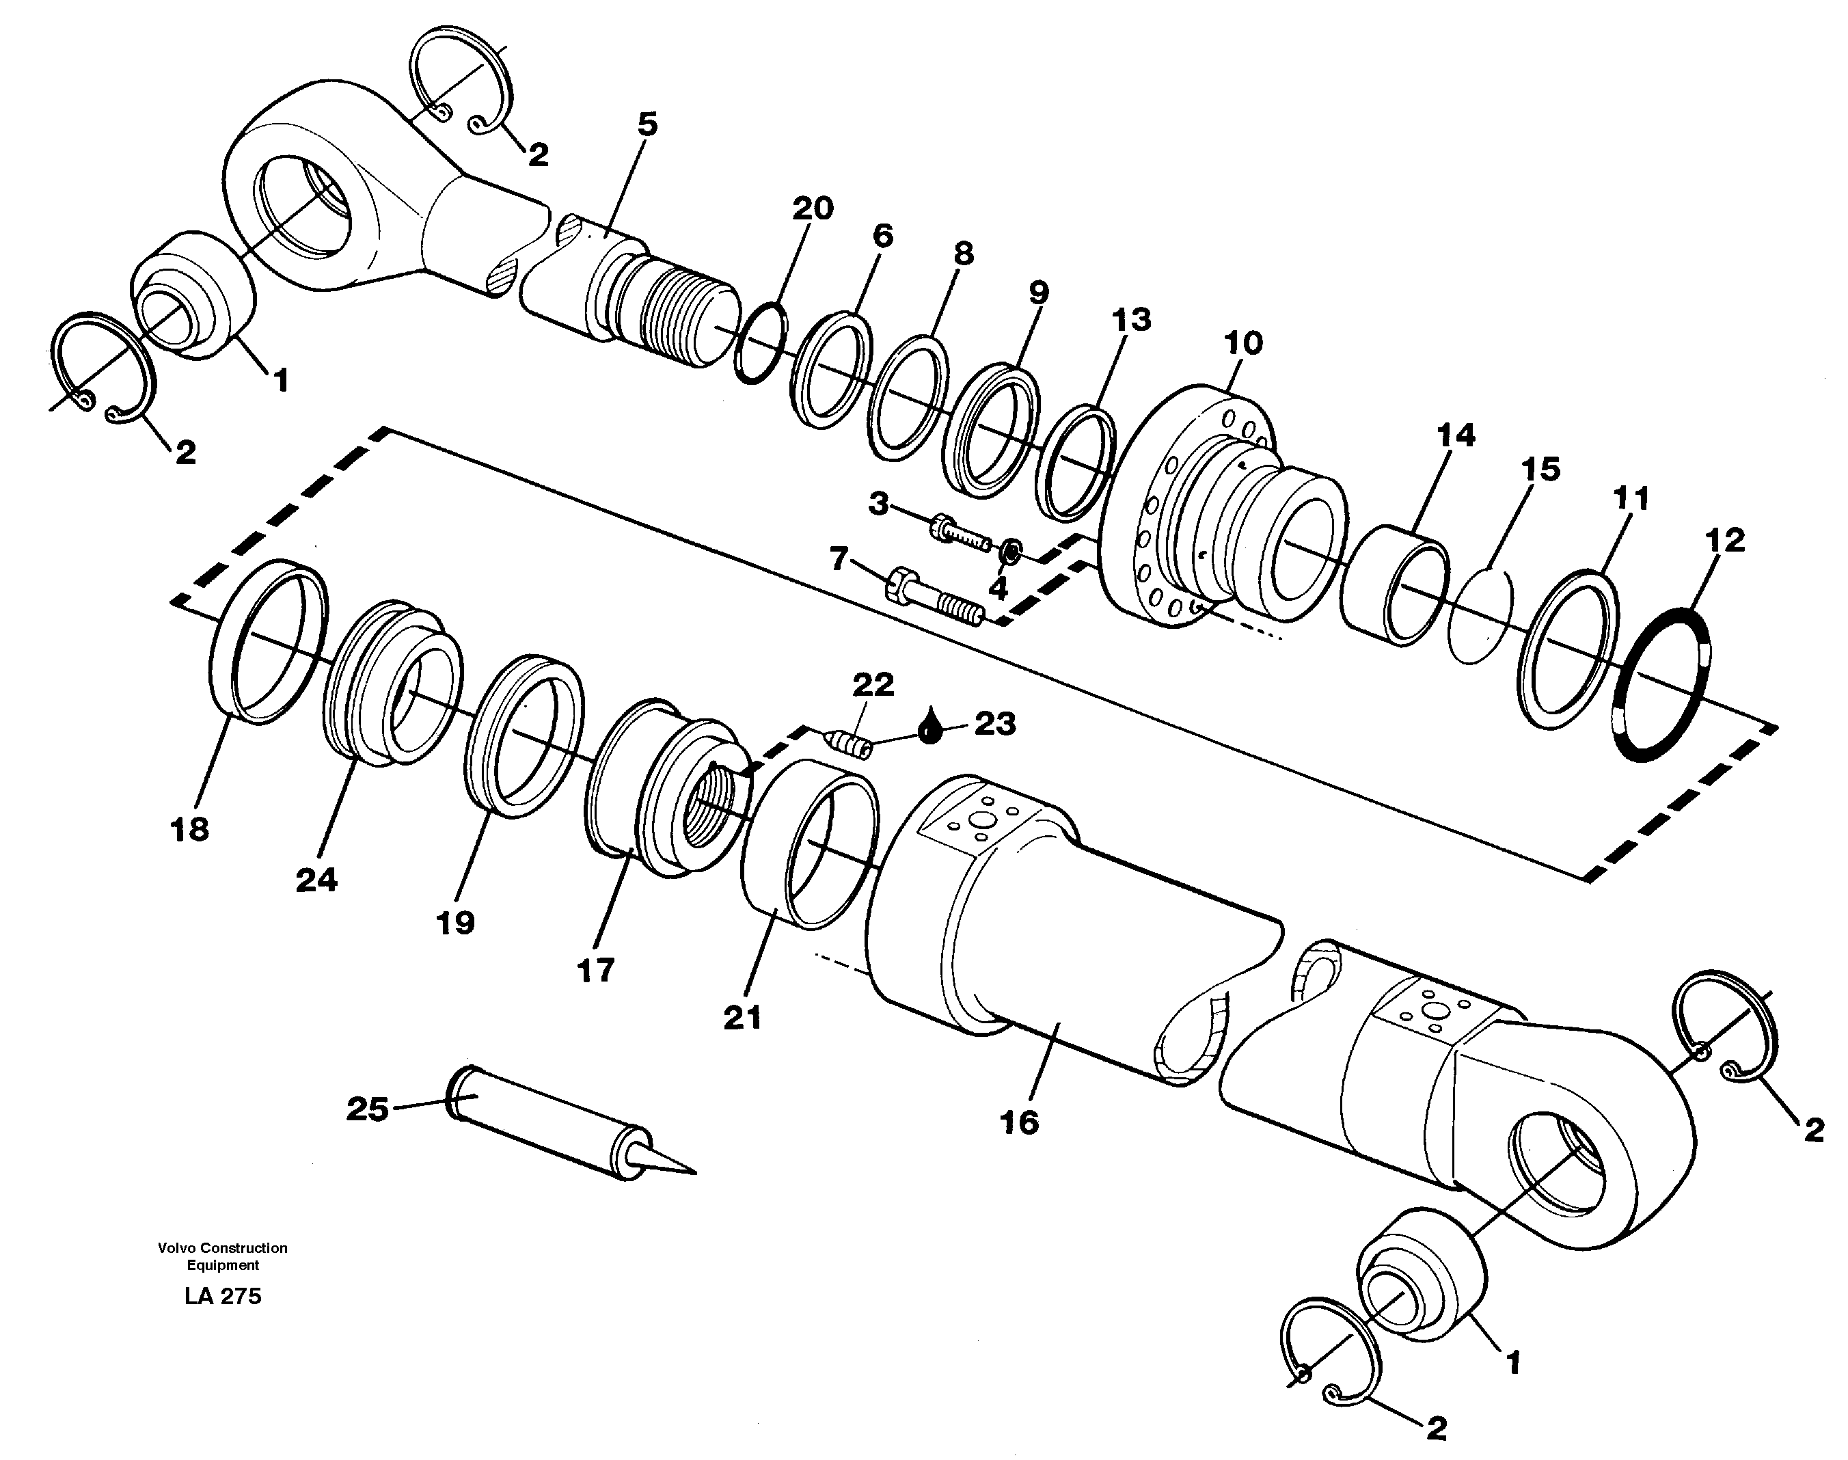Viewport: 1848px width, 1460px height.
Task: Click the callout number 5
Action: click(x=648, y=125)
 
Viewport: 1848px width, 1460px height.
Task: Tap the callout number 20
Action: click(x=812, y=208)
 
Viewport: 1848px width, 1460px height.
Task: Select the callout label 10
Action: click(x=1243, y=344)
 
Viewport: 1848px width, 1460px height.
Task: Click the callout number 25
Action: click(x=368, y=1109)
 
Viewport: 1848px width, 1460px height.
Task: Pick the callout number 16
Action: click(x=1019, y=1122)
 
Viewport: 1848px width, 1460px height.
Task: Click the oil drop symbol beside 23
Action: click(x=930, y=727)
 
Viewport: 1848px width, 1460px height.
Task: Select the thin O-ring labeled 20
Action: click(x=759, y=342)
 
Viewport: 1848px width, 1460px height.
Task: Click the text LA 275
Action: click(x=222, y=1297)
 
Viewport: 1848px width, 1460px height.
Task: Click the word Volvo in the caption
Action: click(x=177, y=1248)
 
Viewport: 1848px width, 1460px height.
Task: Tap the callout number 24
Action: click(x=316, y=880)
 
